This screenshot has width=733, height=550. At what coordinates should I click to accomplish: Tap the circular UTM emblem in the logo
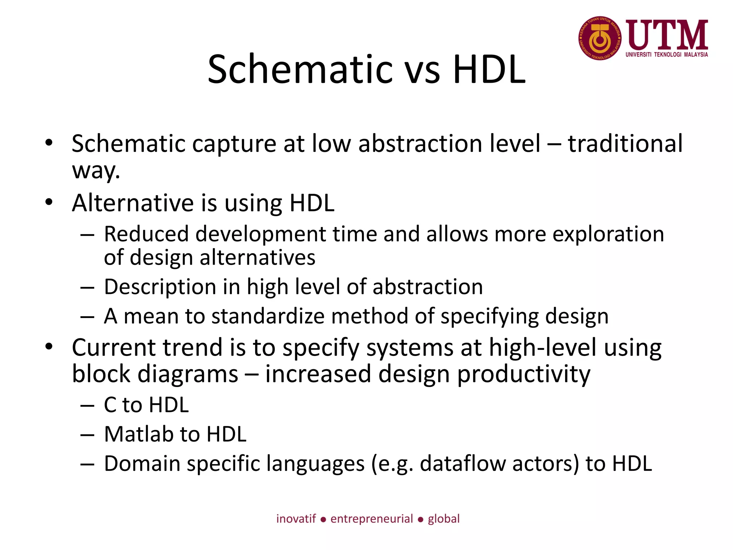tap(600, 38)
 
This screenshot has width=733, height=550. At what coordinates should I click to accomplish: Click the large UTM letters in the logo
tap(667, 35)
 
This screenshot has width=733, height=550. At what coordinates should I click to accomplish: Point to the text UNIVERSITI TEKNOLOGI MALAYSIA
tap(666, 55)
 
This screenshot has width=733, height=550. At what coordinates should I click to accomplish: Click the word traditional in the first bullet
tap(625, 144)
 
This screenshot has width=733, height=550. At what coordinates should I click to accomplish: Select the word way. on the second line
tap(96, 171)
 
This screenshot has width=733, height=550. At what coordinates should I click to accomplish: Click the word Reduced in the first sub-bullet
tap(146, 234)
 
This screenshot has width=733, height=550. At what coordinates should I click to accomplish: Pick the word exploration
tap(608, 235)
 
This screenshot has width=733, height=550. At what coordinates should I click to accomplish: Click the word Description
tap(160, 287)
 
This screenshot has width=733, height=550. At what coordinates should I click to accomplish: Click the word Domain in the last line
tap(142, 464)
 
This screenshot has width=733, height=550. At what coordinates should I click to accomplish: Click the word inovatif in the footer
tap(296, 519)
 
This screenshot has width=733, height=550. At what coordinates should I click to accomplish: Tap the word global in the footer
tap(443, 519)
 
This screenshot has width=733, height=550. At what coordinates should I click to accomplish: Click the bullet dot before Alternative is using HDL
tap(49, 202)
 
